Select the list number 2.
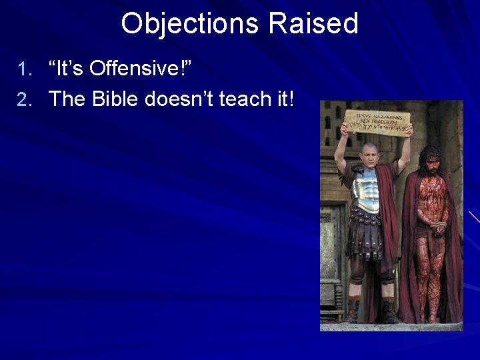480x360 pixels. [24, 100]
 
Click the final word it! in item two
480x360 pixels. [285, 99]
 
